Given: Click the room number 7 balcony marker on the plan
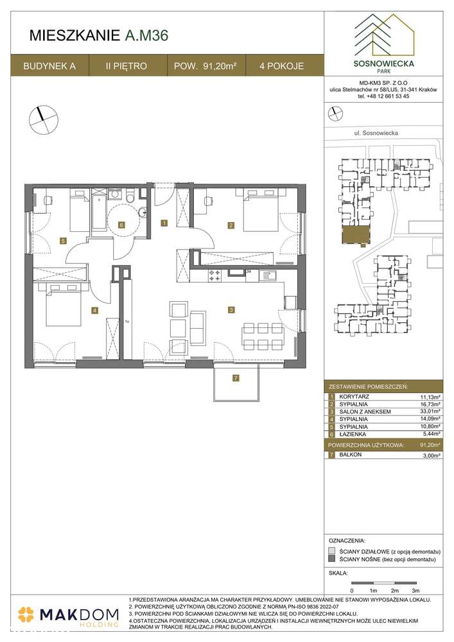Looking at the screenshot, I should click(x=236, y=378).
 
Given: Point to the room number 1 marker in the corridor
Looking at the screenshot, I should click(x=164, y=223).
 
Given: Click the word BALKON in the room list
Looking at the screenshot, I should click(x=353, y=455).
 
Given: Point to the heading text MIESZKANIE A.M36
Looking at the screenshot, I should click(x=100, y=37).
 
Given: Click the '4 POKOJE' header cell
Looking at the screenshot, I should click(x=281, y=65).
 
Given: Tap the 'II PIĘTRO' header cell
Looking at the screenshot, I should click(x=127, y=65).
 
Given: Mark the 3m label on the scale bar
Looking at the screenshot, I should click(x=415, y=589).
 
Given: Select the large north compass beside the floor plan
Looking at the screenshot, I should click(x=40, y=117).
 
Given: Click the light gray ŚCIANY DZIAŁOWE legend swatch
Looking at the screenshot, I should click(x=331, y=551).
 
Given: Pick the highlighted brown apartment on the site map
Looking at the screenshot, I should click(x=352, y=234).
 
